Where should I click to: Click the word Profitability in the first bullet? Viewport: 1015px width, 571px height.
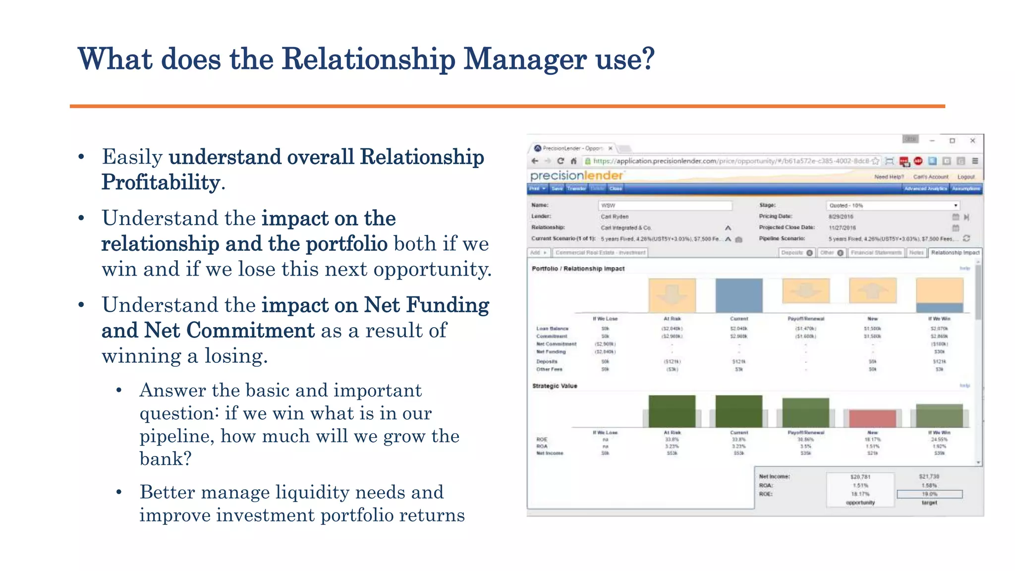pyautogui.click(x=161, y=182)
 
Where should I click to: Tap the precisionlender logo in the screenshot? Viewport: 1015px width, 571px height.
pyautogui.click(x=576, y=175)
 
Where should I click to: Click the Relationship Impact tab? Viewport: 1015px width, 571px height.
pyautogui.click(x=955, y=253)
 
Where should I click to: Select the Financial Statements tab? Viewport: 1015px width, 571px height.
pyautogui.click(x=876, y=253)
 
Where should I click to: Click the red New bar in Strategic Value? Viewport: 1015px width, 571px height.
pyautogui.click(x=872, y=418)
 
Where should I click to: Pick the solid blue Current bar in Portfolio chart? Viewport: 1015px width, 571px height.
pyautogui.click(x=738, y=295)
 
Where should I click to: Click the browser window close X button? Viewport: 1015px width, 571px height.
pyautogui.click(x=972, y=141)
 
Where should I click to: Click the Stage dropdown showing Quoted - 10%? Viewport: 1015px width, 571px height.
pyautogui.click(x=893, y=205)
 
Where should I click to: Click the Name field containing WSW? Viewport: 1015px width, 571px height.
pyautogui.click(x=665, y=205)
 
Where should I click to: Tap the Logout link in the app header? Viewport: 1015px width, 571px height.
pyautogui.click(x=965, y=177)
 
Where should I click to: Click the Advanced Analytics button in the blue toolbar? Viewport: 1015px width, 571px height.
pyautogui.click(x=925, y=188)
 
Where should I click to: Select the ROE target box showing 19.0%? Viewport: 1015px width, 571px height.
pyautogui.click(x=929, y=494)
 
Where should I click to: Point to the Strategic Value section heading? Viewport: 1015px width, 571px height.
pyautogui.click(x=555, y=386)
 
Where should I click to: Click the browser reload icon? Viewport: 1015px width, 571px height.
pyautogui.click(x=561, y=161)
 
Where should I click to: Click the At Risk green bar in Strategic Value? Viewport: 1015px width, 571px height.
pyautogui.click(x=672, y=411)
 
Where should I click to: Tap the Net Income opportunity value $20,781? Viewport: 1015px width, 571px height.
pyautogui.click(x=860, y=477)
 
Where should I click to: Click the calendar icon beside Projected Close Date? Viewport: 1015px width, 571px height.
pyautogui.click(x=956, y=228)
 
